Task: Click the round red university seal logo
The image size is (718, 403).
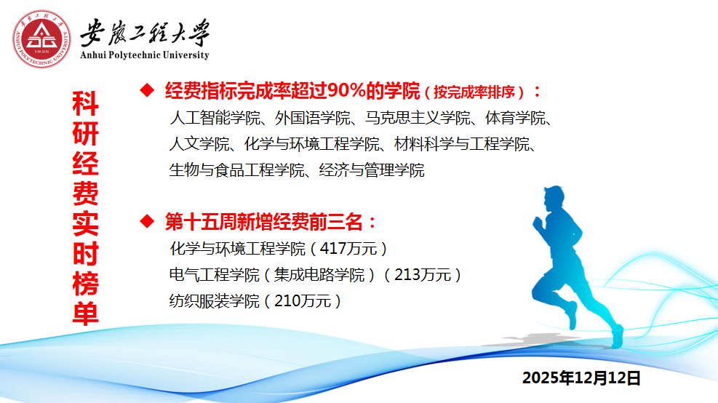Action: [x=41, y=39]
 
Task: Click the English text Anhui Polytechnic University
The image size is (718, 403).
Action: [x=145, y=55]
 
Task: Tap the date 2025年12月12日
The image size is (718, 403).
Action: [x=581, y=378]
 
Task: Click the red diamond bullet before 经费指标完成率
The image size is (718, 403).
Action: [x=148, y=90]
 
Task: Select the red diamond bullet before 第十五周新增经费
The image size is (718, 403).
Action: [x=148, y=221]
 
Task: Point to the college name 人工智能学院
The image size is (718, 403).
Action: [x=215, y=118]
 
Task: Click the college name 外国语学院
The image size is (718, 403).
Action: [x=312, y=118]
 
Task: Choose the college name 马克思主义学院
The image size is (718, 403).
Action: [x=418, y=118]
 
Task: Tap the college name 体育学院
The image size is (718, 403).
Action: [x=515, y=118]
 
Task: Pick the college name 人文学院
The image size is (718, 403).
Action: [x=199, y=144]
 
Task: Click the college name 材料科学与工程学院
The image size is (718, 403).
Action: [x=461, y=144]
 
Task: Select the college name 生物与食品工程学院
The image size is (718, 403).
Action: [x=236, y=170]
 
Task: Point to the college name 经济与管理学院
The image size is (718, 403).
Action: [x=372, y=170]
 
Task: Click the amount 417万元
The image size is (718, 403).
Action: [x=348, y=249]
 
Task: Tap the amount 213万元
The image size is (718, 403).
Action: [x=423, y=275]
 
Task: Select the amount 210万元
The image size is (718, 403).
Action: [x=303, y=301]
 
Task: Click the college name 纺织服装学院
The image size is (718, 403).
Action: [x=215, y=301]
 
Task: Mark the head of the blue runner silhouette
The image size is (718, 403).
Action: [x=554, y=199]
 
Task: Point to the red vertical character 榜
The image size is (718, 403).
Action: [x=86, y=284]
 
